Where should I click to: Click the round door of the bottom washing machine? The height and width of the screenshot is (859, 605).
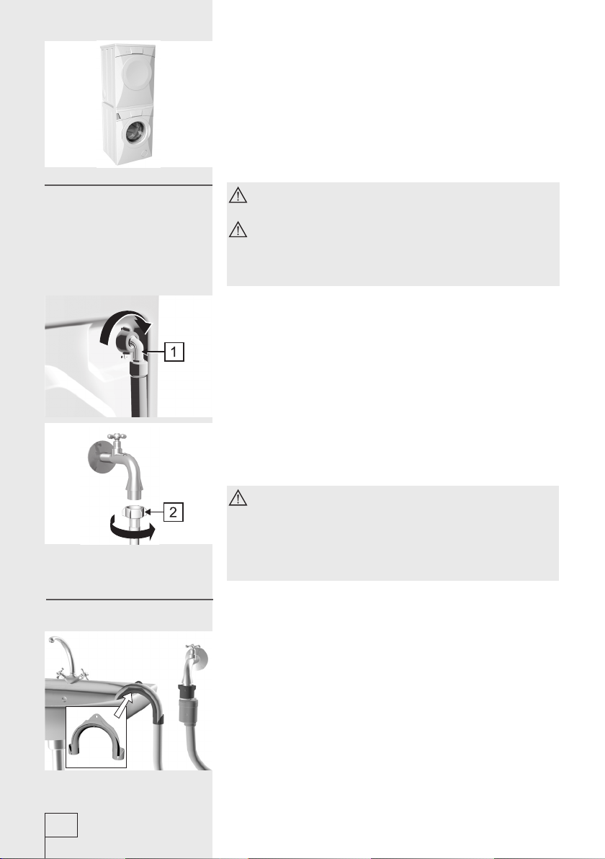coord(136,133)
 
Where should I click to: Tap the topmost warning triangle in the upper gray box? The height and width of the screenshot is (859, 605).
coord(238,195)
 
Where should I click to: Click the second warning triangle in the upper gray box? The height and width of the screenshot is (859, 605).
coord(238,230)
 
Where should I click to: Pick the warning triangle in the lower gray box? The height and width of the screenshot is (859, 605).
coord(238,498)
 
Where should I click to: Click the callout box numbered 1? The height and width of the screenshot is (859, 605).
coord(174,352)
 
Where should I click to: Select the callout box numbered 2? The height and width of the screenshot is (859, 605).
coord(173,512)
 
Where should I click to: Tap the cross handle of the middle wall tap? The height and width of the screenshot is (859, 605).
coord(117,437)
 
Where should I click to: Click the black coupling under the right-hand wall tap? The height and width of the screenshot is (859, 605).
coord(186,692)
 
